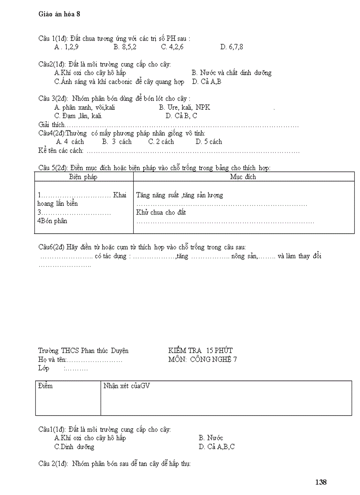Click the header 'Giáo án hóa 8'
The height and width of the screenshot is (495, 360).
pos(60,14)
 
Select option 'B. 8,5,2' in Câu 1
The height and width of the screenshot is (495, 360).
pos(125,47)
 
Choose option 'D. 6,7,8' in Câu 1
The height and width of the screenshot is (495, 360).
pos(232,47)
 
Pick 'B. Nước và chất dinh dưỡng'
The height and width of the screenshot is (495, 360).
pos(232,73)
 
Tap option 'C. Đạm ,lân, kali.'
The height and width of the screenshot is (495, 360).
pos(79,116)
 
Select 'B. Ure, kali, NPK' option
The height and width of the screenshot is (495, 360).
pos(185,107)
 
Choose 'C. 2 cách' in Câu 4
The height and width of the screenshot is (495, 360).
pos(161,142)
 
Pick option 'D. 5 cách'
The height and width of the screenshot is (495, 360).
pos(209,142)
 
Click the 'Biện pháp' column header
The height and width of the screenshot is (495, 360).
pos(83,177)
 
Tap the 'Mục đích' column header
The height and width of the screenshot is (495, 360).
pos(243,177)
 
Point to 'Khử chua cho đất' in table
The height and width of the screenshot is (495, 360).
pos(161,212)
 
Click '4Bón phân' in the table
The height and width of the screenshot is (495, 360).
pos(52,221)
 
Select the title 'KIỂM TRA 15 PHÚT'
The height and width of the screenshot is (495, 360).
pos(200,350)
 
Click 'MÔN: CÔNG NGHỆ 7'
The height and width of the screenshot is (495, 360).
pos(202,359)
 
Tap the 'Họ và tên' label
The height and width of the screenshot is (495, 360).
pos(52,360)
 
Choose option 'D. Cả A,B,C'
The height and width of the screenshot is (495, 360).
pos(217,447)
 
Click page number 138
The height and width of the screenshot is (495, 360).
pos(321,482)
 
